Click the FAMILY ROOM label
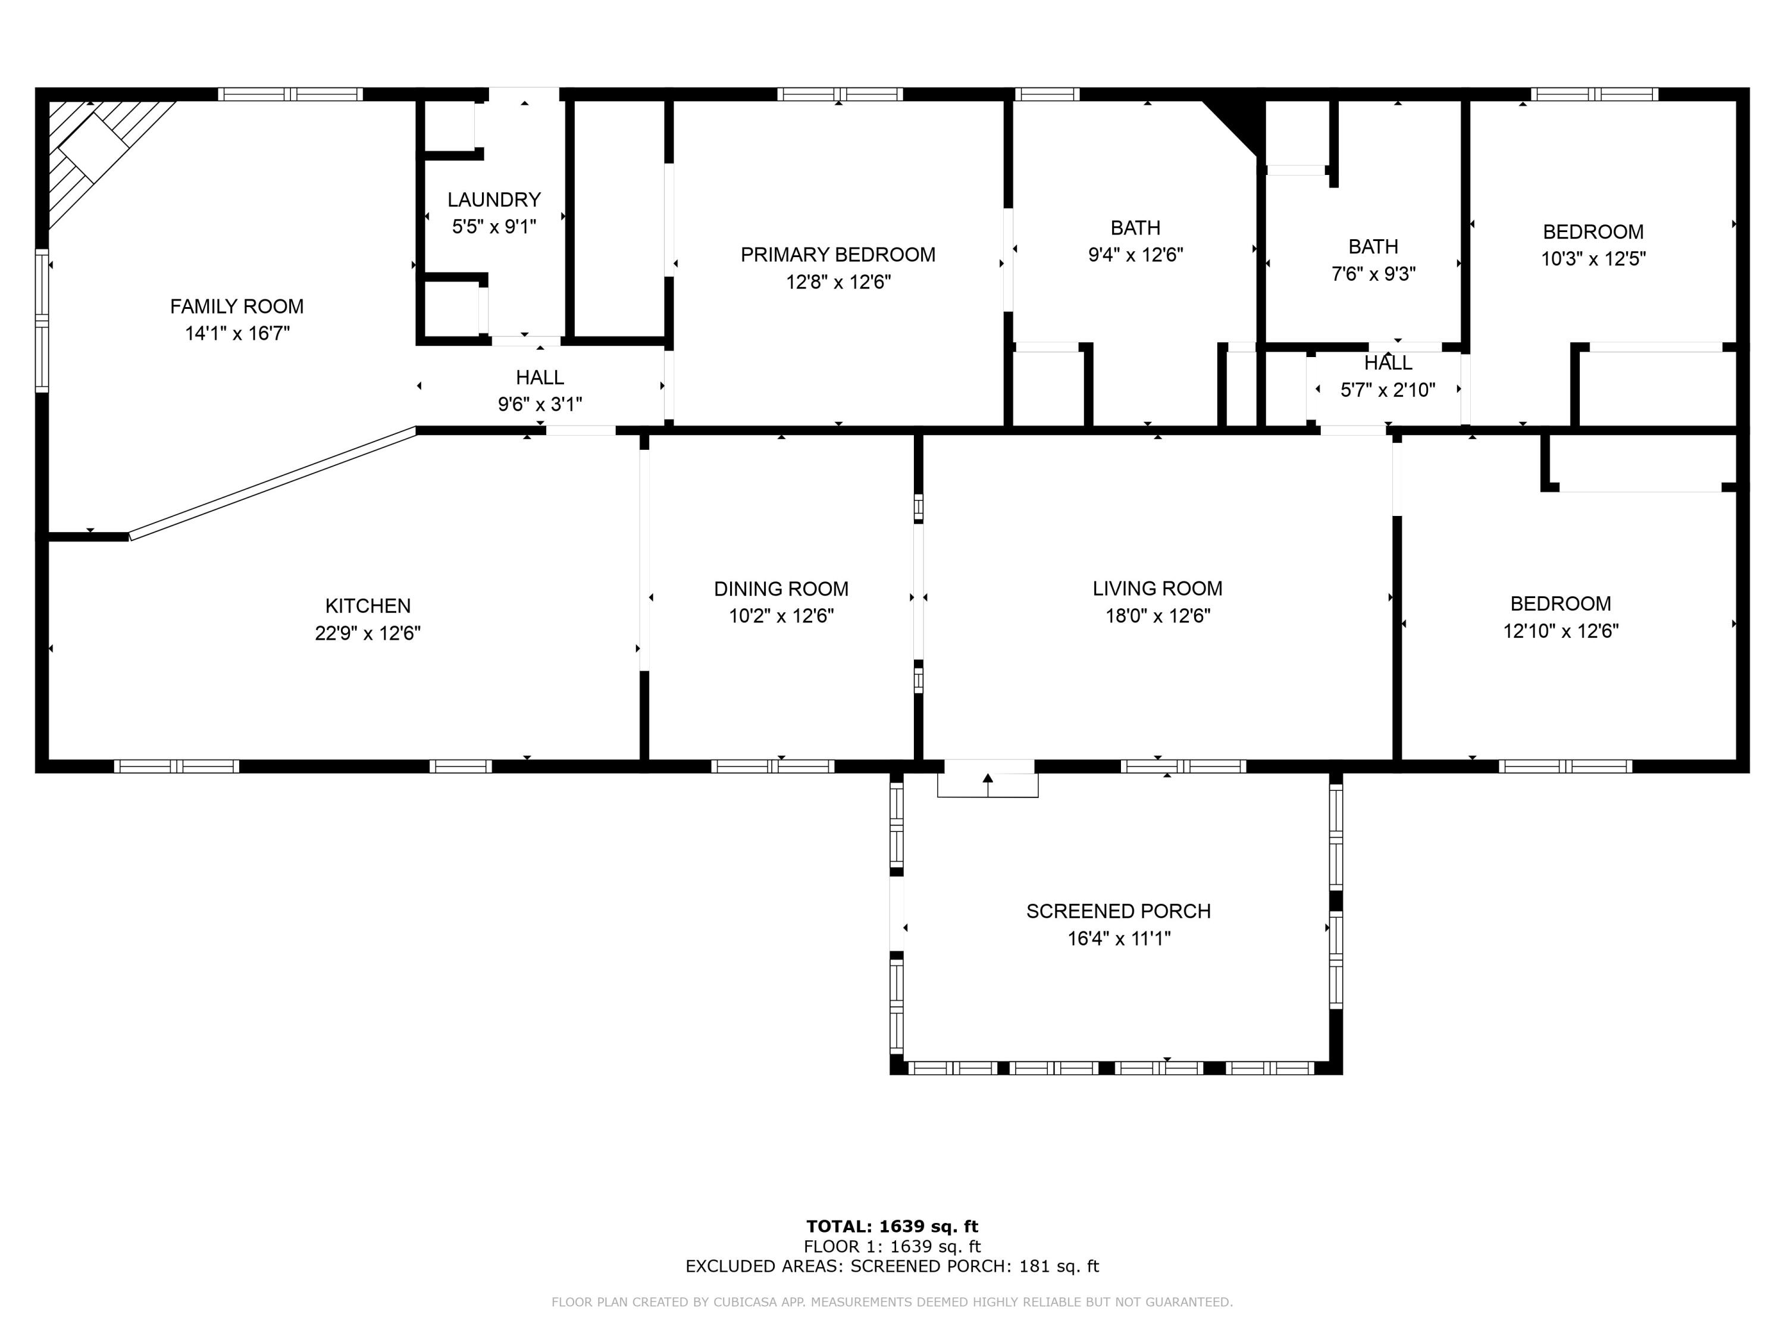click(236, 306)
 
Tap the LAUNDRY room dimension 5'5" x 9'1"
click(494, 227)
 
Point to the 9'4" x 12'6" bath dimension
click(1135, 255)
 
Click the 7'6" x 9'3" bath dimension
click(1373, 274)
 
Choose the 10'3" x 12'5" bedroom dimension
click(1593, 259)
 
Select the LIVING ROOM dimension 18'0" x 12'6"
click(1157, 616)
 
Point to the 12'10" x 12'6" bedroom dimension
click(1560, 631)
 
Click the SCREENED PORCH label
click(1117, 911)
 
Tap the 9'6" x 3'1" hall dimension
click(540, 404)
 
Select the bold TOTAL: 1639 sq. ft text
click(892, 1227)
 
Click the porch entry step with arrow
click(988, 784)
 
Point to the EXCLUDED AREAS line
click(892, 1266)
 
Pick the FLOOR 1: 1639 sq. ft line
click(892, 1246)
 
